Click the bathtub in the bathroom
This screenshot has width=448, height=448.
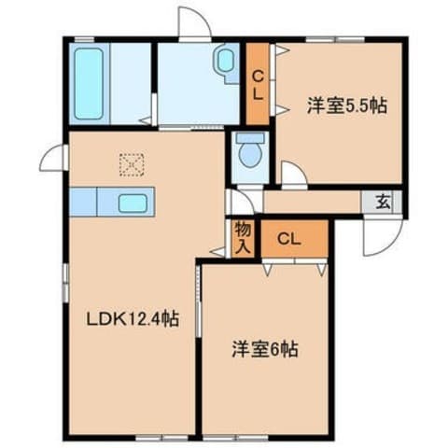click(89, 84)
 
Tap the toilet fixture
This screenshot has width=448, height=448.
click(248, 148)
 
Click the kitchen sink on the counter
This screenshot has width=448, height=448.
click(132, 203)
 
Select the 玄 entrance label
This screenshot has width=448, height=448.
click(384, 200)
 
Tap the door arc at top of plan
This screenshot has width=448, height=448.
click(194, 23)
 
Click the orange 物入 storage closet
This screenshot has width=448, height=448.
click(241, 237)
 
